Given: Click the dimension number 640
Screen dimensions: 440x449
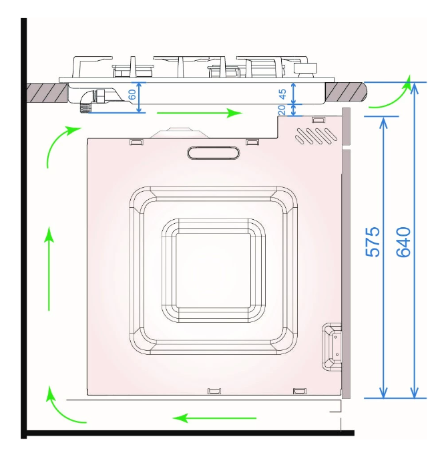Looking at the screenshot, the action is tap(403, 242).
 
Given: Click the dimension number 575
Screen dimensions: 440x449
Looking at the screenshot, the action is tap(373, 242).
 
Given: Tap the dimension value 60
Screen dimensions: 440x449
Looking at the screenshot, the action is tap(132, 94).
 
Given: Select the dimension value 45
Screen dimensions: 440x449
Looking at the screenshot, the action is tap(282, 94).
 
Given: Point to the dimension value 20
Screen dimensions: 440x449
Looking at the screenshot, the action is tap(282, 110).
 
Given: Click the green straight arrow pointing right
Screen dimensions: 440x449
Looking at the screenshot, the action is tap(200, 113).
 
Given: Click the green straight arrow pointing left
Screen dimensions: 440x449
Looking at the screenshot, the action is tap(214, 418).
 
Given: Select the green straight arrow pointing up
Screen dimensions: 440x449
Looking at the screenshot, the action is tap(49, 269).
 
